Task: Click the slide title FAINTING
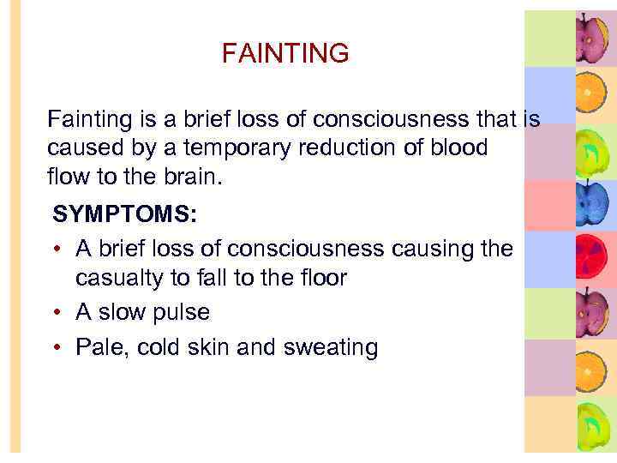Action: (285, 54)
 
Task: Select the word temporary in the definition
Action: (221, 147)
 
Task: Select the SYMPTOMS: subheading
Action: (124, 214)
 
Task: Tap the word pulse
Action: (180, 313)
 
